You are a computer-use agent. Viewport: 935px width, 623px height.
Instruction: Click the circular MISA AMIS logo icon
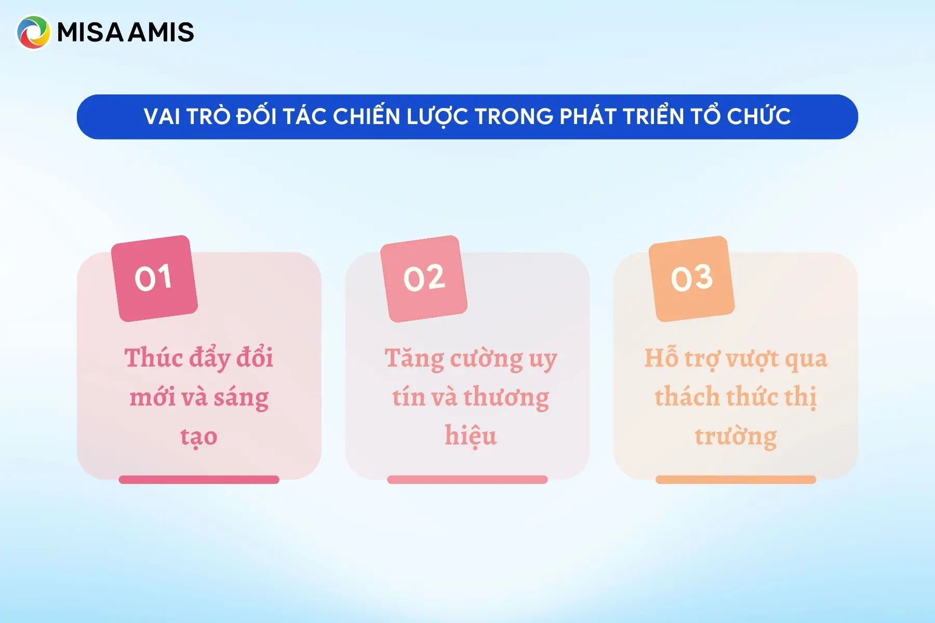pyautogui.click(x=33, y=32)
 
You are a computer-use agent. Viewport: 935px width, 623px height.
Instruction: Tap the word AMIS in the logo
pyautogui.click(x=161, y=32)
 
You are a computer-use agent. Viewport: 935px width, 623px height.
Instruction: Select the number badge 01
pyautogui.click(x=154, y=278)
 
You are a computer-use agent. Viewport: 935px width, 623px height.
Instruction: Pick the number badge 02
pyautogui.click(x=424, y=278)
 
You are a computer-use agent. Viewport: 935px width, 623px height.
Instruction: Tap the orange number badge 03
pyautogui.click(x=691, y=278)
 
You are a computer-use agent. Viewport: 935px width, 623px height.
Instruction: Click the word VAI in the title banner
pyautogui.click(x=162, y=117)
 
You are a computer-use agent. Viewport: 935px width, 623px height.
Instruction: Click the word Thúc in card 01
pyautogui.click(x=153, y=358)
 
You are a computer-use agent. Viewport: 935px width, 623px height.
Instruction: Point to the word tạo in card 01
pyautogui.click(x=199, y=437)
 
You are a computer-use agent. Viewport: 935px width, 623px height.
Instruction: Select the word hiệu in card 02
pyautogui.click(x=471, y=436)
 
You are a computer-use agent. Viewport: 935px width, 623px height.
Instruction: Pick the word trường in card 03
pyautogui.click(x=736, y=437)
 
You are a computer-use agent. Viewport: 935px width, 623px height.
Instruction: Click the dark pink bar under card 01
pyautogui.click(x=199, y=480)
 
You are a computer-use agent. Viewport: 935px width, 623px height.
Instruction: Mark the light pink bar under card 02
pyautogui.click(x=468, y=480)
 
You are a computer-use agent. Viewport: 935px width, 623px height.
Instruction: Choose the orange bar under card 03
pyautogui.click(x=736, y=480)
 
